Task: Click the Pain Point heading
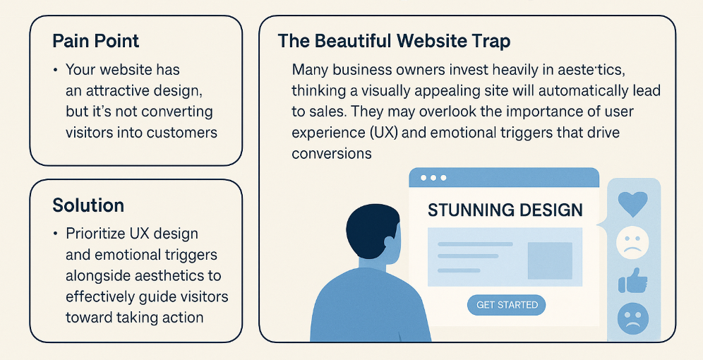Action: click(x=95, y=41)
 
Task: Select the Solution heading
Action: click(x=88, y=205)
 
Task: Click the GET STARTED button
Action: click(x=507, y=305)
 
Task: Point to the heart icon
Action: click(x=632, y=203)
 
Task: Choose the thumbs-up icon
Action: click(x=632, y=281)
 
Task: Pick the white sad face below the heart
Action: click(x=632, y=243)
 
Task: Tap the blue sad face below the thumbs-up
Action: click(x=632, y=319)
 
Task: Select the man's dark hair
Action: click(x=371, y=231)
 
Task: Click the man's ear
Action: click(x=389, y=244)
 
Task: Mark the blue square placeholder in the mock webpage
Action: click(x=550, y=260)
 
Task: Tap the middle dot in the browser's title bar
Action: click(x=433, y=178)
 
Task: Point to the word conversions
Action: click(x=332, y=153)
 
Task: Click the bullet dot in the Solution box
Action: click(x=55, y=234)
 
